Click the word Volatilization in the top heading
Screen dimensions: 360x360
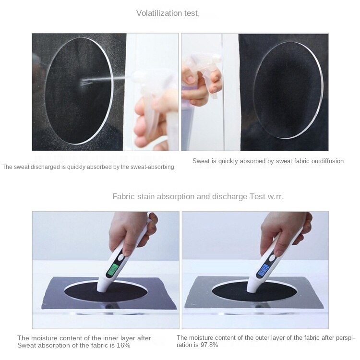click(159, 13)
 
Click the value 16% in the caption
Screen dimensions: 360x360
click(123, 345)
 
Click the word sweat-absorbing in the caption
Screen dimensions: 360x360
click(152, 167)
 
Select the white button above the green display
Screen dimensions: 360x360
click(121, 258)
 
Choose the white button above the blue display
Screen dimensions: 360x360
click(272, 258)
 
